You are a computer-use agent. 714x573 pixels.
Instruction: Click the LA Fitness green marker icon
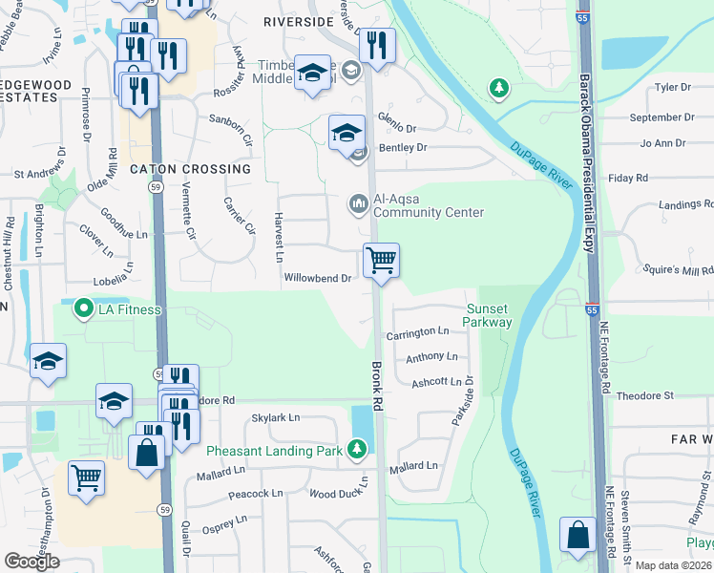click(x=83, y=309)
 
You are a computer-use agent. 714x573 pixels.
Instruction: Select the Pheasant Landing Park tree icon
click(x=357, y=448)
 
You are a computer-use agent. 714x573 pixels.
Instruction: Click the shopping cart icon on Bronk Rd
click(x=381, y=259)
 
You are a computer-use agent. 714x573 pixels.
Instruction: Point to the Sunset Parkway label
click(x=489, y=315)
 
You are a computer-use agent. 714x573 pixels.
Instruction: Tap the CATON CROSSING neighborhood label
click(x=190, y=169)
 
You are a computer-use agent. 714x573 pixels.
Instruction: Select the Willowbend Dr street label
click(x=319, y=279)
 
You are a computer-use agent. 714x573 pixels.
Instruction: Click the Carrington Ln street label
click(x=417, y=333)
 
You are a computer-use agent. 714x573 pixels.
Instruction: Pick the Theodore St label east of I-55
click(x=645, y=395)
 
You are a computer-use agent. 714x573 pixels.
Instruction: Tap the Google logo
click(x=32, y=562)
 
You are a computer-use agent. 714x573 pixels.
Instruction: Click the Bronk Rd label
click(x=378, y=385)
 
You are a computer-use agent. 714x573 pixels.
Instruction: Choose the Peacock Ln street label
click(x=256, y=494)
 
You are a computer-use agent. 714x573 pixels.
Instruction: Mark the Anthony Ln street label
click(x=431, y=357)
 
